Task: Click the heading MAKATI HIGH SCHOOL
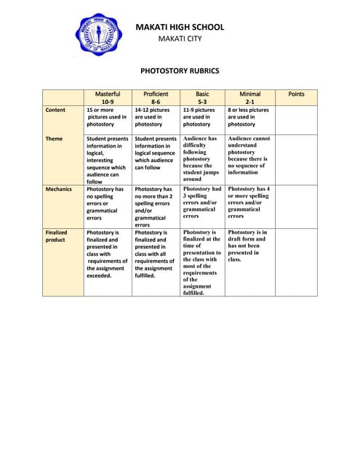(180, 28)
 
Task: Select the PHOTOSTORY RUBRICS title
(180, 72)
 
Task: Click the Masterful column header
(108, 98)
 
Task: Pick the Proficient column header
(156, 98)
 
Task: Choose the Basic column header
(202, 98)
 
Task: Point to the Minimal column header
(249, 98)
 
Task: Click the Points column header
(297, 94)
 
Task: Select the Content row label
(55, 110)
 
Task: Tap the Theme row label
(54, 138)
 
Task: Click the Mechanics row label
(59, 189)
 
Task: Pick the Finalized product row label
(56, 236)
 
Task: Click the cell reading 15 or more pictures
(108, 117)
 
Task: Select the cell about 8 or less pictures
(249, 117)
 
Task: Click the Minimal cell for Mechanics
(249, 202)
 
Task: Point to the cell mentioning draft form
(249, 246)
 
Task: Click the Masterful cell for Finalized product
(108, 254)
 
